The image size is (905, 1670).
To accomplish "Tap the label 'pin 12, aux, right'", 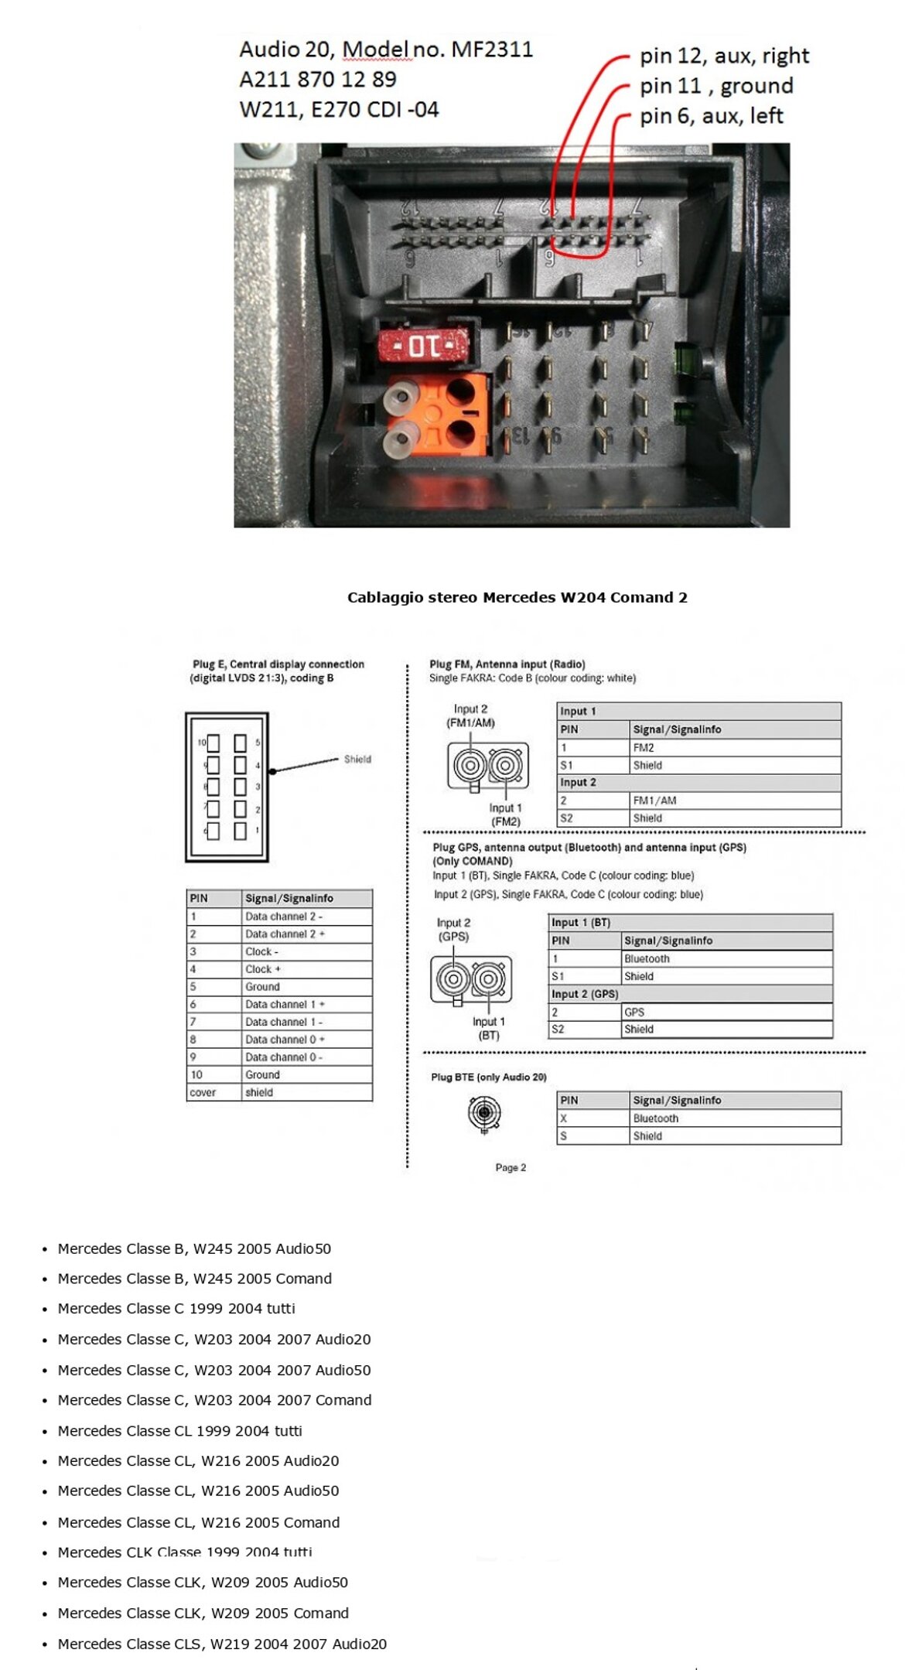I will (724, 56).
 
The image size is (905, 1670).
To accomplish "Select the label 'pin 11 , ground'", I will (716, 86).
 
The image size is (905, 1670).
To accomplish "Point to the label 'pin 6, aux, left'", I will (711, 116).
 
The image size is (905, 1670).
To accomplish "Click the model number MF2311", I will (492, 50).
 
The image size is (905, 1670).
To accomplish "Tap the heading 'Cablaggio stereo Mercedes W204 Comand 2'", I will (517, 597).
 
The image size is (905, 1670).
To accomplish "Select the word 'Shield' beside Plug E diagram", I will (357, 759).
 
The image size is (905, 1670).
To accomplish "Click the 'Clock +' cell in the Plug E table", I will (263, 969).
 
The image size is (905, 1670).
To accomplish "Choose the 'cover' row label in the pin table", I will (203, 1092).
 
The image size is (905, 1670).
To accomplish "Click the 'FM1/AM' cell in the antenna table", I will (654, 801).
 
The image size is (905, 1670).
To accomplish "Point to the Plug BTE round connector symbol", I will (484, 1114).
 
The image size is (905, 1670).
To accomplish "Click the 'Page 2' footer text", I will (511, 1167).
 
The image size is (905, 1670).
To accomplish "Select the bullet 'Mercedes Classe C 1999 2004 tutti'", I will (176, 1309).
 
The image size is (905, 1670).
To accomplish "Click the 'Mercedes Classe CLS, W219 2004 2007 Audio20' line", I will (222, 1644).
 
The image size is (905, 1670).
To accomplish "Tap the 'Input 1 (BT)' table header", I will (581, 923).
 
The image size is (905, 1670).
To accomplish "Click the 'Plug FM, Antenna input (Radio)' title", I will (507, 664).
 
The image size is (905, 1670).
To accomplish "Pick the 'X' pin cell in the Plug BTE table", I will (564, 1118).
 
